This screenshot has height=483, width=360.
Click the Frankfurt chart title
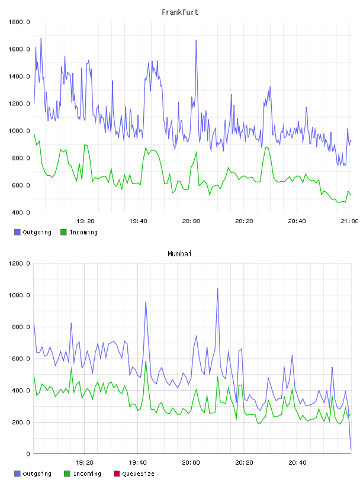pos(180,12)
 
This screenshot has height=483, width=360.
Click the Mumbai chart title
pos(179,254)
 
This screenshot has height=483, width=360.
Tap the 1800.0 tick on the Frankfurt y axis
pos(19,22)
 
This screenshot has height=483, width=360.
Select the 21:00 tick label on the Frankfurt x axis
pos(349,221)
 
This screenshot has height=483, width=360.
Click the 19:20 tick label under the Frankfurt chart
pos(85,221)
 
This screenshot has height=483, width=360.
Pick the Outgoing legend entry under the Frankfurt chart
pos(33,232)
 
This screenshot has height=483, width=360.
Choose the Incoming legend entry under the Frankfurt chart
pos(79,232)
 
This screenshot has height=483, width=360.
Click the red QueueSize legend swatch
pos(117,474)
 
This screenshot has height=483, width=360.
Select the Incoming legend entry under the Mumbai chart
pos(83,474)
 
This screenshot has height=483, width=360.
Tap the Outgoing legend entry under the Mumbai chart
pos(33,474)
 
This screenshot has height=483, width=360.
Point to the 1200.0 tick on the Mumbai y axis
pos(19,263)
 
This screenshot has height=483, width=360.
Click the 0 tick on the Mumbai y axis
pos(28,454)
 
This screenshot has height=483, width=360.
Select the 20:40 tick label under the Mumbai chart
pos(297,463)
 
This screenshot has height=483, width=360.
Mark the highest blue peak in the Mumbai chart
pos(218,289)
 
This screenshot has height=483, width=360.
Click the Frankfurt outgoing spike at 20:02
pos(196,40)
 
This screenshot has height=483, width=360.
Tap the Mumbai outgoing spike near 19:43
pos(146,302)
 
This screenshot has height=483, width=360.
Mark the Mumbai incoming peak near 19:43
pos(146,361)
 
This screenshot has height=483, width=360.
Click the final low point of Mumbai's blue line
pos(351,449)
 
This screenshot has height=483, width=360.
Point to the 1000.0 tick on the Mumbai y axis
pos(19,295)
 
